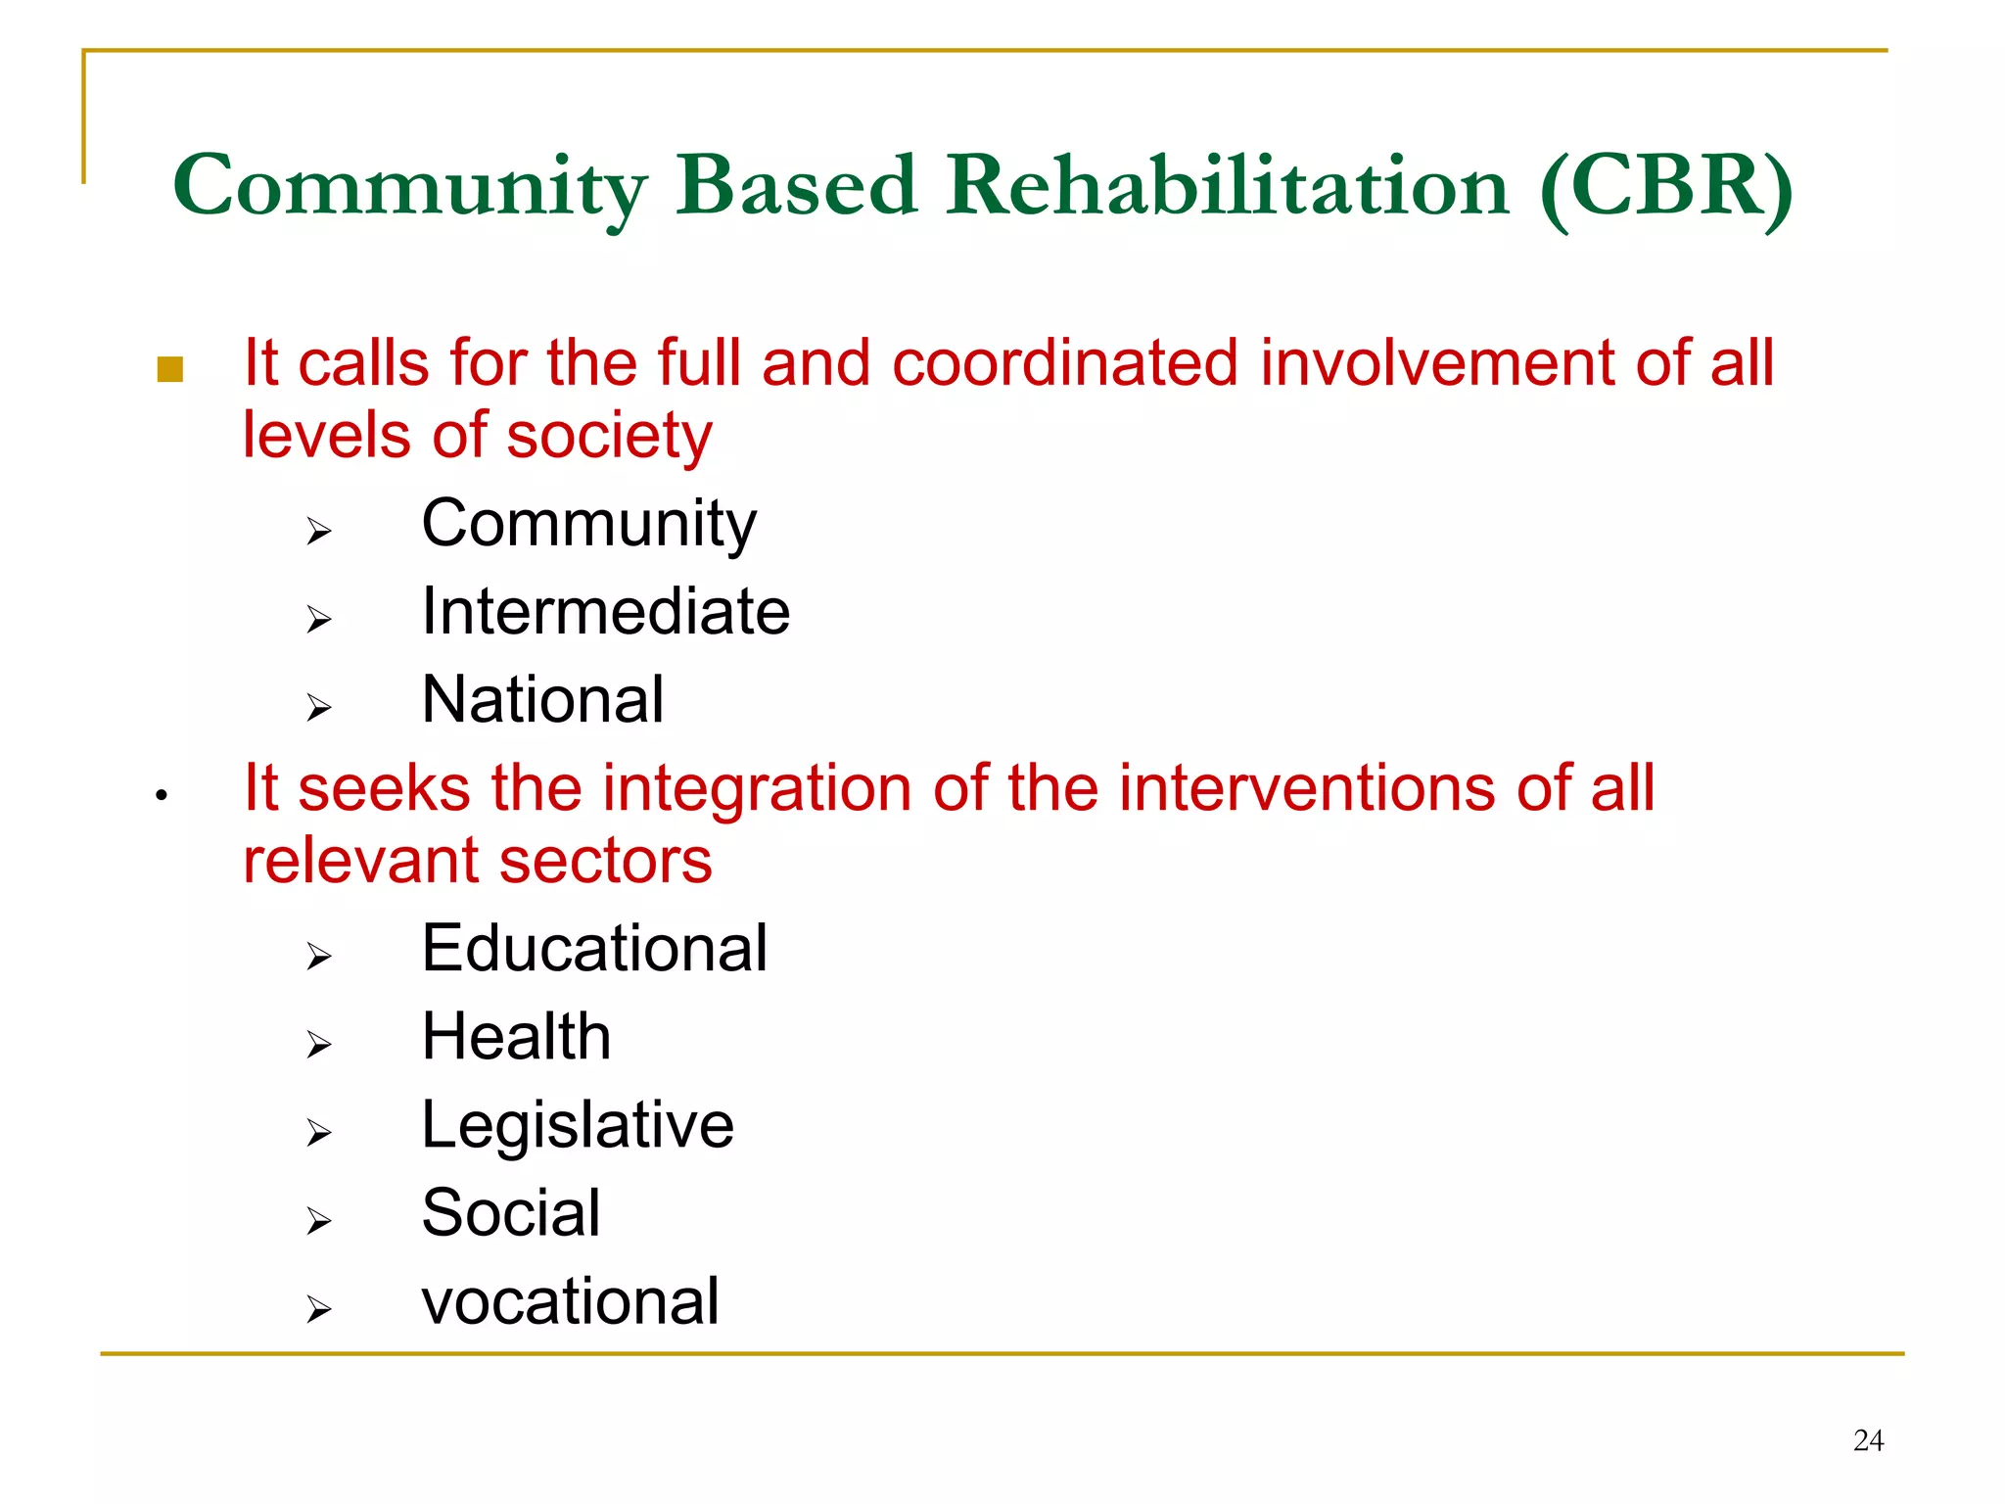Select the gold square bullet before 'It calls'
pos(169,369)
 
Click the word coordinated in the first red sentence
pos(1065,363)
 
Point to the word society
pos(609,436)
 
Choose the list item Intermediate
pos(605,612)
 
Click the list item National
pos(542,700)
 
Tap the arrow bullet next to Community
pos(318,532)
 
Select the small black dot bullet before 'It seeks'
pos(162,795)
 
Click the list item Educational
pos(594,949)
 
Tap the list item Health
pos(516,1037)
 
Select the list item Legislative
pos(578,1125)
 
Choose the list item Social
pos(510,1213)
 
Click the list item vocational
pos(570,1302)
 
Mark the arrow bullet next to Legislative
pos(318,1133)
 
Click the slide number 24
pos(1868,1440)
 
